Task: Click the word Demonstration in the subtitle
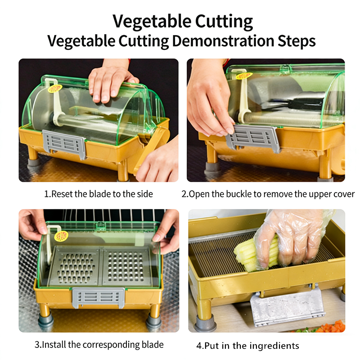[x=223, y=41]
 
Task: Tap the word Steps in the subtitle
[x=297, y=41]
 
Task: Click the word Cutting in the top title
[x=224, y=21]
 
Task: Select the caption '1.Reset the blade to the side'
[x=99, y=194]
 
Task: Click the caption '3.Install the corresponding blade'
[x=99, y=345]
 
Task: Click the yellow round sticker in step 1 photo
[x=55, y=89]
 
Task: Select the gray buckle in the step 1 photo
[x=64, y=144]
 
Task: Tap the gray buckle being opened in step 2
[x=253, y=138]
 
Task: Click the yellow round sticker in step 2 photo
[x=244, y=76]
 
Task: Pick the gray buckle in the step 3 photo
[x=99, y=297]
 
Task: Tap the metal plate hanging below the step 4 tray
[x=287, y=306]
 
